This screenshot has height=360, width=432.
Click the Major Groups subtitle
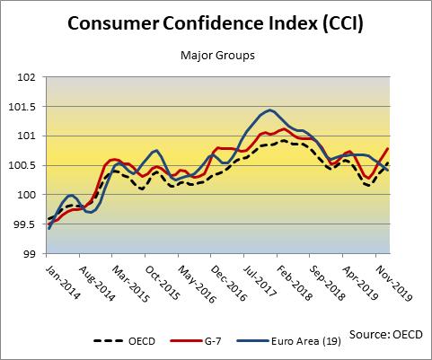tap(216, 55)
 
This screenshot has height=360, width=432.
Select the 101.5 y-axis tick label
tap(24, 107)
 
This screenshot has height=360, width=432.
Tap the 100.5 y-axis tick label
tap(24, 165)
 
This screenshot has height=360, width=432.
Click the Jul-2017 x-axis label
tap(267, 280)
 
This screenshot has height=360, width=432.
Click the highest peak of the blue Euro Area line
tap(269, 110)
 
